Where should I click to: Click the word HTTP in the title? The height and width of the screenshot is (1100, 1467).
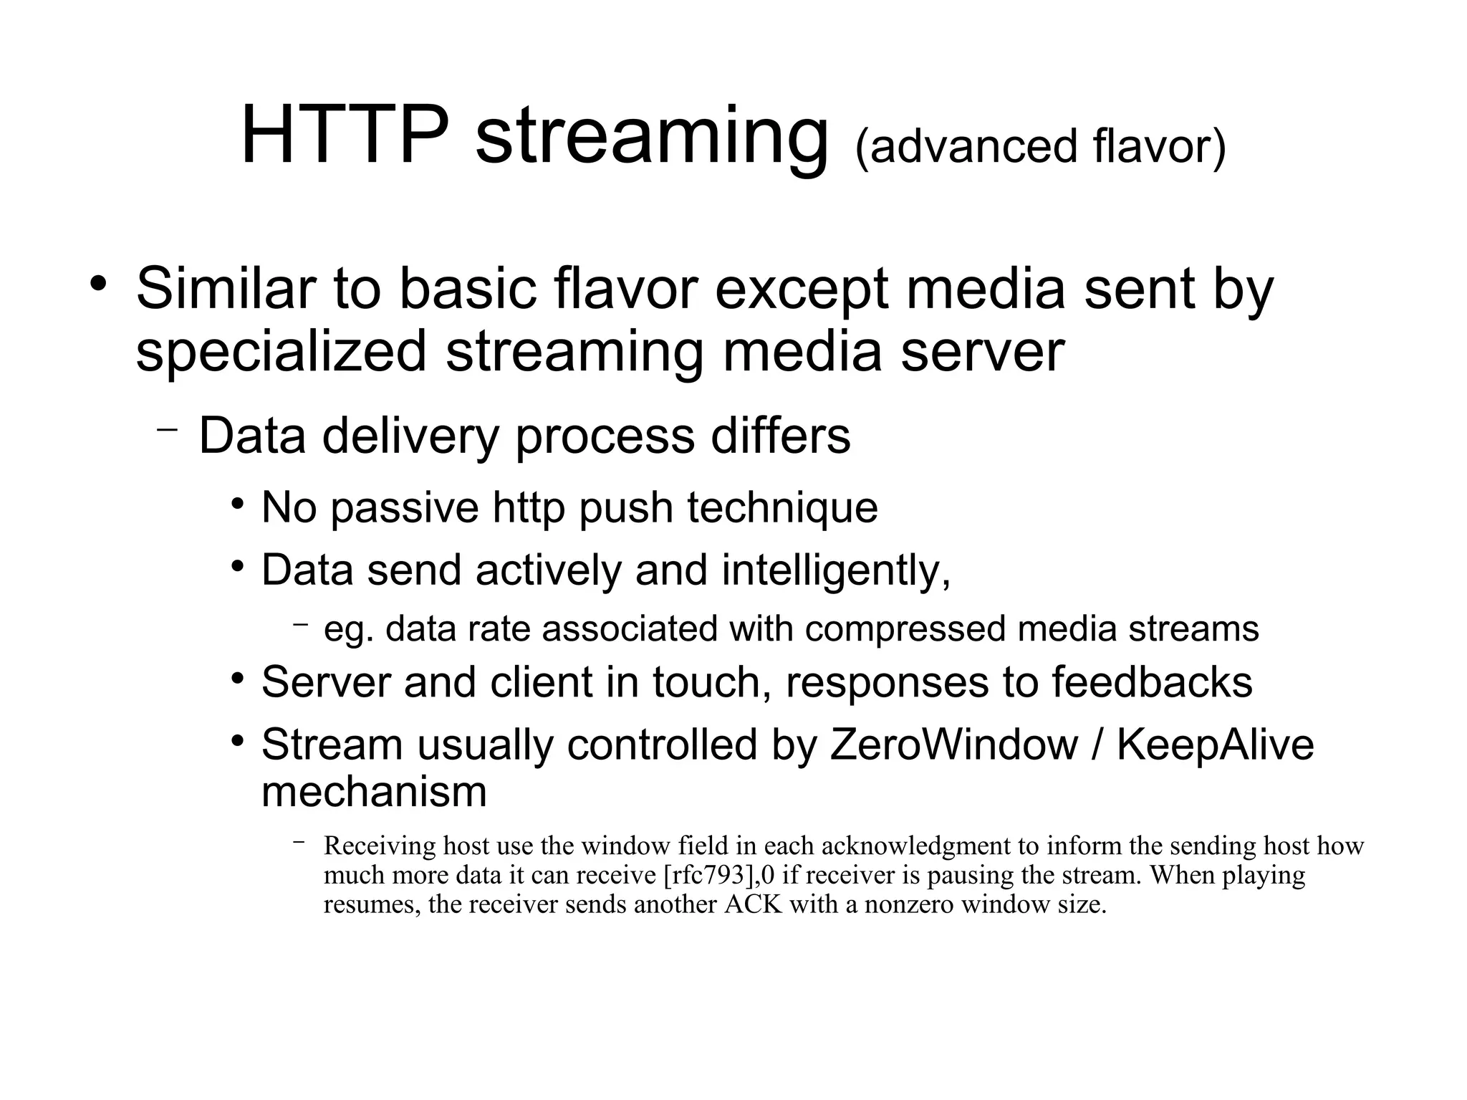tap(345, 136)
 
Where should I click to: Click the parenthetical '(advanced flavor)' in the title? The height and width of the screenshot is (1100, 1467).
tap(1040, 147)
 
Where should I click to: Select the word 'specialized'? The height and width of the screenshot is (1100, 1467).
tap(281, 352)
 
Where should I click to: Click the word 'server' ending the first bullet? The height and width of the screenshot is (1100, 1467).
tap(982, 352)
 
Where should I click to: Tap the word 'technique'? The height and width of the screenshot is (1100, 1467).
tap(782, 508)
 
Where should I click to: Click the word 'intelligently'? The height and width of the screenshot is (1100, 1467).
tap(835, 570)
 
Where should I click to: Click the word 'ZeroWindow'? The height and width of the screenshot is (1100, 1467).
tap(953, 745)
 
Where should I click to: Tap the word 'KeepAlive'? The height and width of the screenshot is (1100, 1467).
tap(1215, 745)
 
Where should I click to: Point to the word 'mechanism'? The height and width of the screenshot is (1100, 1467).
tap(374, 792)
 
